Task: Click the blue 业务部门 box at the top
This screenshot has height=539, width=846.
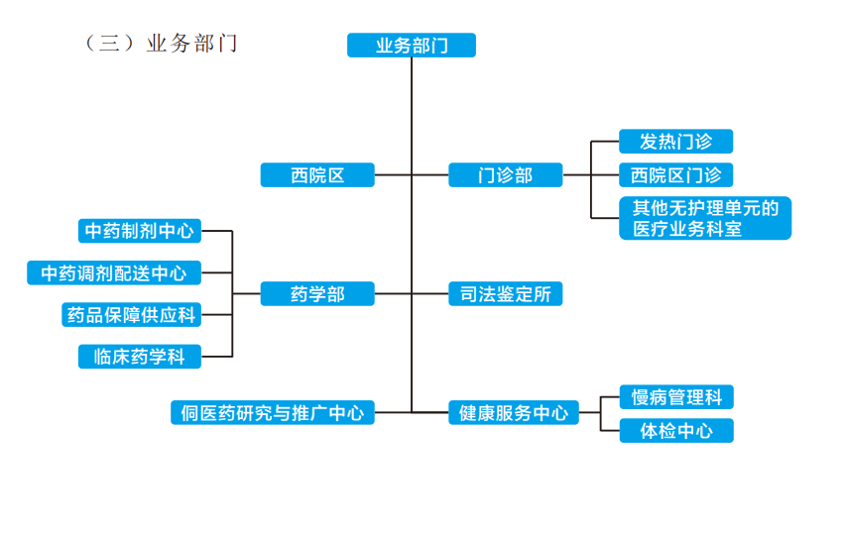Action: [411, 46]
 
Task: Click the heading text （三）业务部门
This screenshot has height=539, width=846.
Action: [161, 44]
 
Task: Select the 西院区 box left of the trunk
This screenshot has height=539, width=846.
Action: [317, 175]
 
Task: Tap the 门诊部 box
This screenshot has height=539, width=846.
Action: [505, 175]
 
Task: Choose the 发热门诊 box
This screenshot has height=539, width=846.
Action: [675, 142]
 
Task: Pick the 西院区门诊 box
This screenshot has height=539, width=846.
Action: [675, 175]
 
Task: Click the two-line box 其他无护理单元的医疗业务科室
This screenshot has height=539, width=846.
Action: [704, 218]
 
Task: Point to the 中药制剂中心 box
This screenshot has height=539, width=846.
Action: [140, 231]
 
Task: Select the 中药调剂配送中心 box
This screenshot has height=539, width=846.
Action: [114, 272]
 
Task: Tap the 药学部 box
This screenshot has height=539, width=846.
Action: [317, 293]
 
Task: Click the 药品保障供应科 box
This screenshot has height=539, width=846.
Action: [132, 315]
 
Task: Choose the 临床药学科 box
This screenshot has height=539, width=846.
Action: [140, 357]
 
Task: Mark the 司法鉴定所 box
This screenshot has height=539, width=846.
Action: [505, 293]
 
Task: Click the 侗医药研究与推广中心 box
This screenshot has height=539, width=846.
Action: [272, 412]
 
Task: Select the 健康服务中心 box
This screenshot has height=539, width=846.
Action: [513, 412]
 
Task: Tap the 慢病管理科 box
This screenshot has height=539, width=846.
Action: [675, 398]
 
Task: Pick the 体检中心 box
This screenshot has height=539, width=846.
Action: [675, 431]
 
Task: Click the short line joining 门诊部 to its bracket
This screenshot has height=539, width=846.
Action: [576, 175]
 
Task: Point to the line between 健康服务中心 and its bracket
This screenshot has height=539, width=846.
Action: [590, 412]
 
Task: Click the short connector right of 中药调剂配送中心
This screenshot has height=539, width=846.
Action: [216, 272]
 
